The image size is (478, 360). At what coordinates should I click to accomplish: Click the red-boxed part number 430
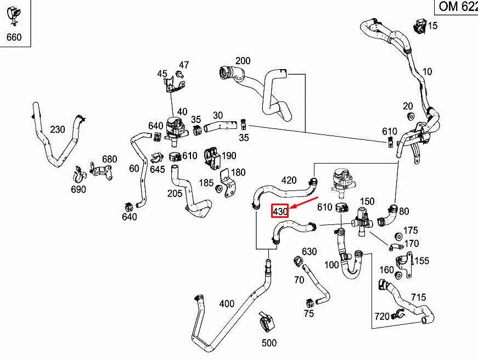click(x=280, y=211)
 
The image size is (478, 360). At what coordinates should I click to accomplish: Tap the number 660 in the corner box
click(x=13, y=37)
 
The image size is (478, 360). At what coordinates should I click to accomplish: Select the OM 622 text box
click(x=456, y=7)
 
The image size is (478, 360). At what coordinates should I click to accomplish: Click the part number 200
click(x=243, y=61)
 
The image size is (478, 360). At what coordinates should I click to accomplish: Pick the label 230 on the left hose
click(x=57, y=130)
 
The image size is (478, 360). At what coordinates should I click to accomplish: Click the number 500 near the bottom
click(x=269, y=344)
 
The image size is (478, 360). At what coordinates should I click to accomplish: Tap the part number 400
click(x=226, y=303)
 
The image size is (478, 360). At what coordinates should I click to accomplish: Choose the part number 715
click(x=418, y=297)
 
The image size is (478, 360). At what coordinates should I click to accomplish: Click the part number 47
click(x=183, y=65)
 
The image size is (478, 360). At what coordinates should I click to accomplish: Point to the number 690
click(x=78, y=189)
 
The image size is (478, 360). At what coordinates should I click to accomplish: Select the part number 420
click(x=289, y=180)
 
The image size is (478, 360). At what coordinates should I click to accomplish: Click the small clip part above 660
click(x=13, y=15)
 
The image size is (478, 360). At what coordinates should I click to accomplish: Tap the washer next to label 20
click(x=410, y=117)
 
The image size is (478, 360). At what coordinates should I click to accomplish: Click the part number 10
click(x=428, y=71)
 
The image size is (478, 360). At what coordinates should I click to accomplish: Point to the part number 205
click(x=175, y=193)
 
